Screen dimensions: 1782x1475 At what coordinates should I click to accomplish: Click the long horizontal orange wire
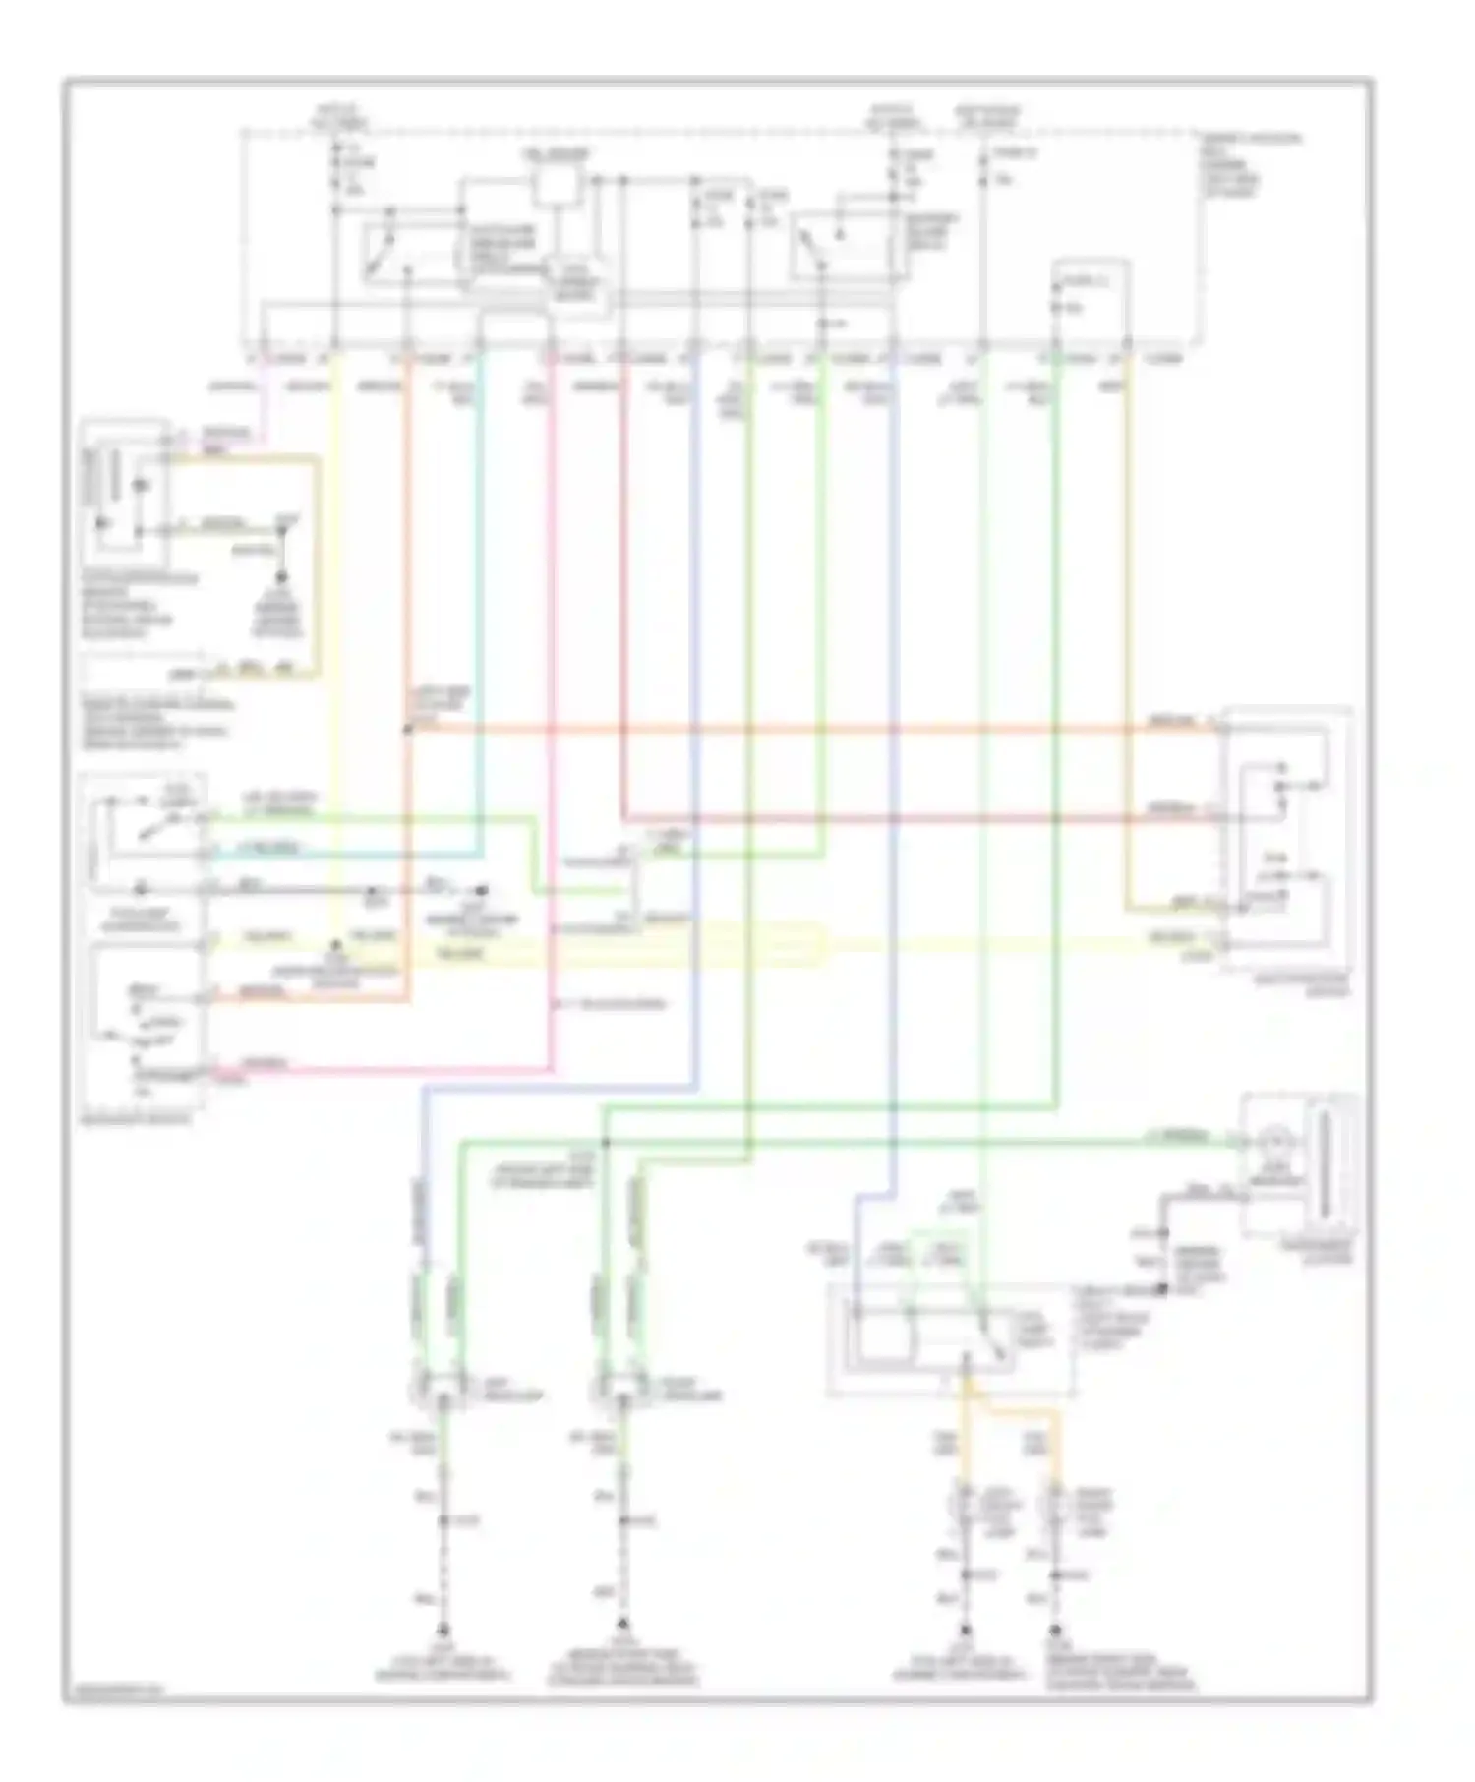tap(787, 730)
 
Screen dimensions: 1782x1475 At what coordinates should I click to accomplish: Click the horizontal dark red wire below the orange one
tap(885, 818)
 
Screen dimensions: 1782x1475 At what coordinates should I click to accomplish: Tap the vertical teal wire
tap(480, 590)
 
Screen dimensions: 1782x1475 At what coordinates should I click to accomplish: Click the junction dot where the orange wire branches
tap(407, 730)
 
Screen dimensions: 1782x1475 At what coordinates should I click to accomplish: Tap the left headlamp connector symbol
tap(442, 1388)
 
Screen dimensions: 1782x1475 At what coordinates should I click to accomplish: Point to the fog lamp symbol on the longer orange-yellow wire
tap(1057, 1506)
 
